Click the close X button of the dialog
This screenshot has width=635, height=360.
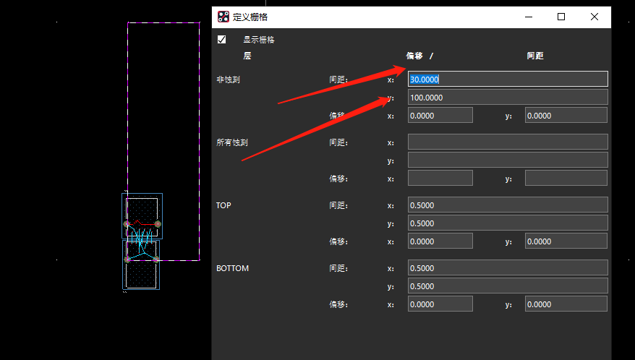tap(594, 17)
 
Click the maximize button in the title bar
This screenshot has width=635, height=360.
tap(561, 17)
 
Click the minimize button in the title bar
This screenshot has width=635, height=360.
tap(529, 17)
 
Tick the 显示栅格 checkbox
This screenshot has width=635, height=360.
tap(221, 39)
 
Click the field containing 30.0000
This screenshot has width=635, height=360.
tap(508, 79)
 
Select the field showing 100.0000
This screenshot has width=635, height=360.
tap(508, 97)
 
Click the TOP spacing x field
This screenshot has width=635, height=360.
tap(508, 205)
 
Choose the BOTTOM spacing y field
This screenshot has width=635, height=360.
tap(508, 286)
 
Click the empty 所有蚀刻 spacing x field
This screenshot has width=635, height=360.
tap(508, 142)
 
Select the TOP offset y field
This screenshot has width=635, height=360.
tap(566, 241)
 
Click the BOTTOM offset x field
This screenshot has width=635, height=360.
tap(440, 304)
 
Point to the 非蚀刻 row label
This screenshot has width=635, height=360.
tap(228, 80)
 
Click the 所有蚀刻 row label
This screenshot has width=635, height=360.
tap(232, 142)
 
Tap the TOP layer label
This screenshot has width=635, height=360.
tap(223, 205)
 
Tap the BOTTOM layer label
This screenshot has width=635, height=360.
tap(232, 268)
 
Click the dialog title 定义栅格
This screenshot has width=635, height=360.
tap(250, 17)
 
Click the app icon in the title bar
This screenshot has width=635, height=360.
tap(223, 17)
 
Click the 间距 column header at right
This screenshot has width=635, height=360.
tap(535, 56)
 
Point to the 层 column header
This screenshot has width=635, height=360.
tap(247, 56)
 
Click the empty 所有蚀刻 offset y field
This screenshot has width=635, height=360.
tap(566, 178)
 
